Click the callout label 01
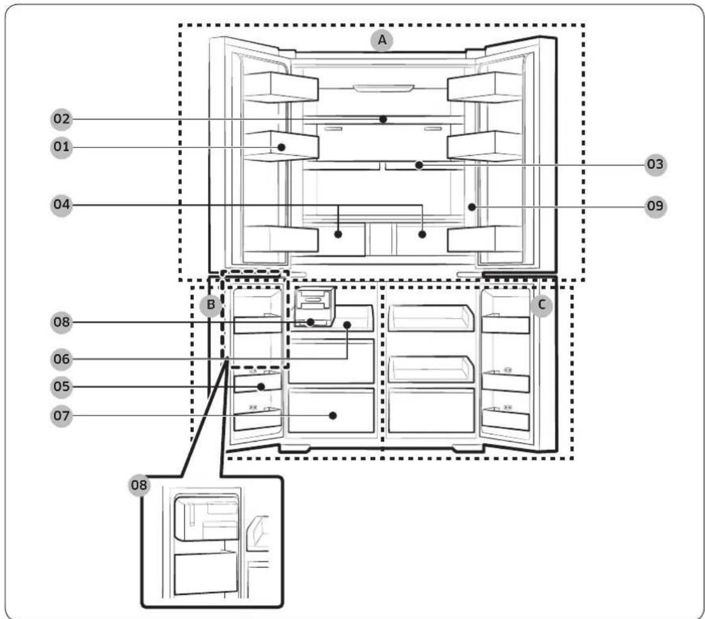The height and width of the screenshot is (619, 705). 61,146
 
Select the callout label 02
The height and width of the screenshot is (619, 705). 61,119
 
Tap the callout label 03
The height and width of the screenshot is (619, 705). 655,164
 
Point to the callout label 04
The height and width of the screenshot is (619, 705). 61,205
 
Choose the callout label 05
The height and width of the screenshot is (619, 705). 61,387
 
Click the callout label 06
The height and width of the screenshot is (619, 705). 61,359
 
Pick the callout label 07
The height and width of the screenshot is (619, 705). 61,416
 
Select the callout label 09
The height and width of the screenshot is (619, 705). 655,206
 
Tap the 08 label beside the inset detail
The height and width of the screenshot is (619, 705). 139,485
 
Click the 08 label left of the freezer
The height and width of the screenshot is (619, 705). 61,322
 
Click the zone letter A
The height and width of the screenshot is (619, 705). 382,40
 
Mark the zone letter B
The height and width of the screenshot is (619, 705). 211,305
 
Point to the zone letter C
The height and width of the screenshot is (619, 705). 541,305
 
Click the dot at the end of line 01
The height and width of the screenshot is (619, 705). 282,147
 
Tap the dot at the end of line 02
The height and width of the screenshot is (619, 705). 383,119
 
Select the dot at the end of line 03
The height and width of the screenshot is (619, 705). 419,165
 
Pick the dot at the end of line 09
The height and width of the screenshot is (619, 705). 471,206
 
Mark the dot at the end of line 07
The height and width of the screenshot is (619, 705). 333,416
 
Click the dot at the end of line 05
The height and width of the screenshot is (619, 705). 261,387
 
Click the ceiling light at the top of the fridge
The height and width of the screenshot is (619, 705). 383,88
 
